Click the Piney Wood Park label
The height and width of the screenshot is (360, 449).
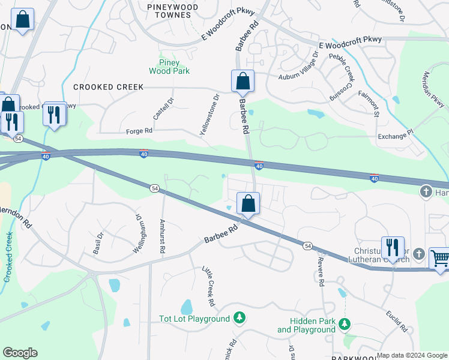174,67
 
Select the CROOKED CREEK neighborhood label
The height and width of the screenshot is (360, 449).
108,87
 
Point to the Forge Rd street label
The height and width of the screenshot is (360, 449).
139,131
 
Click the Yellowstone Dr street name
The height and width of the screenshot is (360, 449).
209,114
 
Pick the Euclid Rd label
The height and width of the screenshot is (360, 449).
397,322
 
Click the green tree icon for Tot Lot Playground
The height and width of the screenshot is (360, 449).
240,317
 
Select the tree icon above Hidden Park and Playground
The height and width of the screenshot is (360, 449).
344,325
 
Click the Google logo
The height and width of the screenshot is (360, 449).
20,353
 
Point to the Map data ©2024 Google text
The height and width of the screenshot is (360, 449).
411,355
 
